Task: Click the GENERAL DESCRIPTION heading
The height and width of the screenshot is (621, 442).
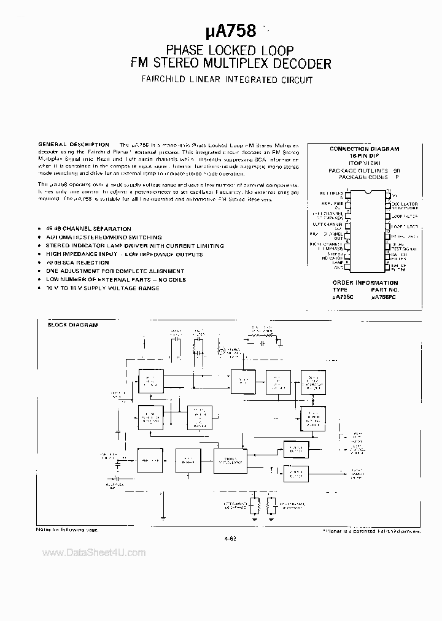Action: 74,144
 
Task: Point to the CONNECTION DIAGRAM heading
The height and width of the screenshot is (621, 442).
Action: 365,148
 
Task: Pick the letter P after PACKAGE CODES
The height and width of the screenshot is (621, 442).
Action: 397,177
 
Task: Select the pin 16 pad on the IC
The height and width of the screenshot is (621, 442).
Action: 388,195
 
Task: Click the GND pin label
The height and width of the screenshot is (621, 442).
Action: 338,268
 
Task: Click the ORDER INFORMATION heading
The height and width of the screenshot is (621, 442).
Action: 365,283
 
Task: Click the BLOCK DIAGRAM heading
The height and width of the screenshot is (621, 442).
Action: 73,325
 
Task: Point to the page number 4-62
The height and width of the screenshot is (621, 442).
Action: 231,538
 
